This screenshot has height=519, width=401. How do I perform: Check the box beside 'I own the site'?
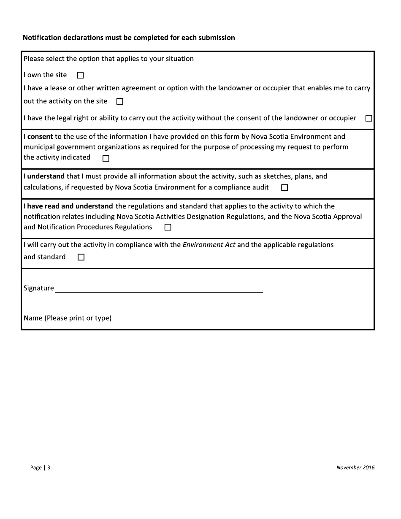pyautogui.click(x=81, y=76)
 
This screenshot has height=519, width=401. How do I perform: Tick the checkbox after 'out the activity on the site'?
pyautogui.click(x=119, y=102)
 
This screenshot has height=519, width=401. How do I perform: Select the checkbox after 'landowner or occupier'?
pyautogui.click(x=368, y=119)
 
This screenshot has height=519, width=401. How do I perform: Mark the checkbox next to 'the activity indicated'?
pyautogui.click(x=106, y=158)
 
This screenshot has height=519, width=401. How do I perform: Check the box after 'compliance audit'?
pyautogui.click(x=284, y=188)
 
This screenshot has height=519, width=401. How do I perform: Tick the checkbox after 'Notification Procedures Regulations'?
pyautogui.click(x=168, y=227)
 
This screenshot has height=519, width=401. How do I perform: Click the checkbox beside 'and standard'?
pyautogui.click(x=81, y=257)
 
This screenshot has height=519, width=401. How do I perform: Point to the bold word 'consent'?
pyautogui.click(x=40, y=137)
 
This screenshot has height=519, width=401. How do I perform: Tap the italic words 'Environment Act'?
pyautogui.click(x=209, y=245)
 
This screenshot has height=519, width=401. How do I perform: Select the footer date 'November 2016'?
pyautogui.click(x=355, y=467)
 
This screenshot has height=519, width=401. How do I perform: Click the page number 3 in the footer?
pyautogui.click(x=49, y=468)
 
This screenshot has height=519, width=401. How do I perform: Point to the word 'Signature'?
pyautogui.click(x=39, y=288)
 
